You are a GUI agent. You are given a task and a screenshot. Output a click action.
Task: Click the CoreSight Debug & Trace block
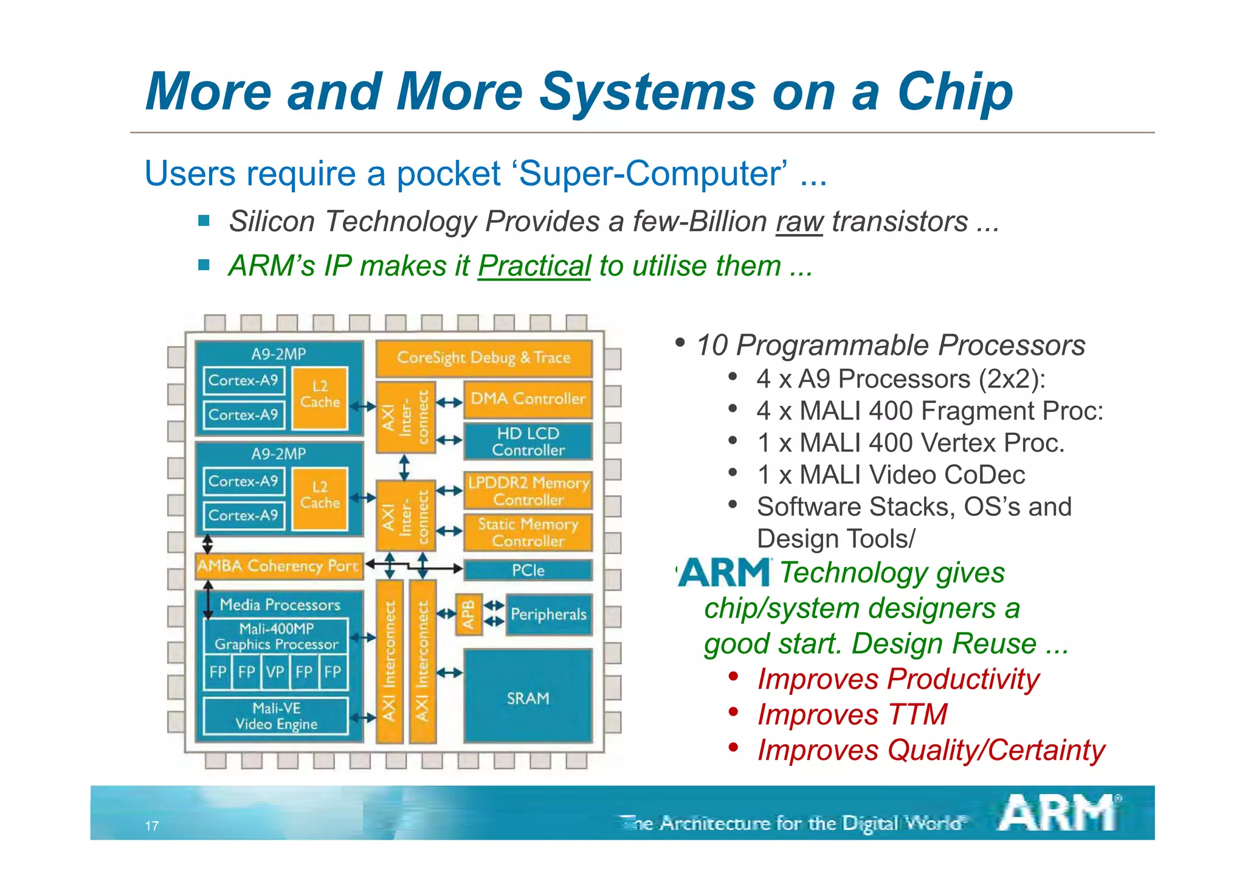[x=483, y=358]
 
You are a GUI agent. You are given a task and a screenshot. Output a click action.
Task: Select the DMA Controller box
[x=528, y=399]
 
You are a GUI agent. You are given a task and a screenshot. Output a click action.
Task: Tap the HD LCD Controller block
[x=528, y=442]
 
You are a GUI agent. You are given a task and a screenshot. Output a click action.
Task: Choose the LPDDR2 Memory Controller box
[x=528, y=491]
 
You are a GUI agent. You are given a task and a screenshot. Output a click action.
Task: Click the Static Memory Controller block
[x=528, y=532]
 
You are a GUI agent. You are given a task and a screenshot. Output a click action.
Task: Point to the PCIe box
[x=528, y=571]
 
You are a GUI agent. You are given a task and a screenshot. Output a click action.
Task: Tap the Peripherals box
[x=548, y=615]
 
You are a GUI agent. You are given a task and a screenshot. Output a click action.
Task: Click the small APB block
[x=469, y=615]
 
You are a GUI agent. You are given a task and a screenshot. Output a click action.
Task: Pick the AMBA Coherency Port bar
[x=278, y=566]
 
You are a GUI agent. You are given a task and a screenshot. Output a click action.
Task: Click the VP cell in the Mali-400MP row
[x=275, y=672]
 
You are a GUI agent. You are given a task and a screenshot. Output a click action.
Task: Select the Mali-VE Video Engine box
[x=276, y=716]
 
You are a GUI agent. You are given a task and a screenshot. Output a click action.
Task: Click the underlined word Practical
[x=534, y=266]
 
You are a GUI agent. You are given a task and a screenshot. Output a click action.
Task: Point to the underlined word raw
[x=799, y=222]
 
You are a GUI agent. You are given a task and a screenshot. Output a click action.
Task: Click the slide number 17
[x=151, y=826]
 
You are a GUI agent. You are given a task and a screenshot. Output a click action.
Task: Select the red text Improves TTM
[x=852, y=715]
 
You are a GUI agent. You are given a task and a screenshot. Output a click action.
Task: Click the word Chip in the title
[x=954, y=92]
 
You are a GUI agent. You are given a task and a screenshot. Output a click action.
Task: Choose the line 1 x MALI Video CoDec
[x=891, y=475]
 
